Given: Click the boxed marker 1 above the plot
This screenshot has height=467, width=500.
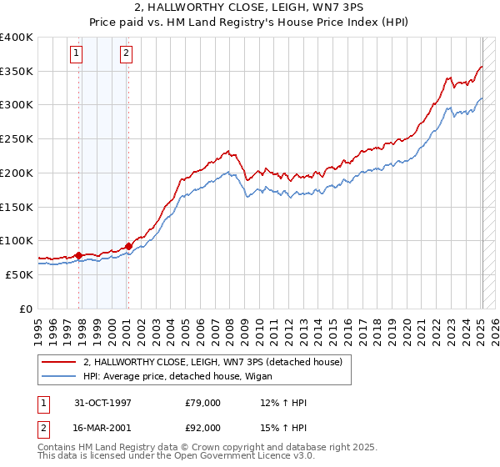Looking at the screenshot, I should (76, 54).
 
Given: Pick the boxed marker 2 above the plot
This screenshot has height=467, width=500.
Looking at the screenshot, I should (126, 54).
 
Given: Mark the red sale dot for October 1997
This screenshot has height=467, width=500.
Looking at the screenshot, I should (79, 255).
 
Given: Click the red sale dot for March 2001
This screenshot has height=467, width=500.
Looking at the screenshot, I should (128, 246).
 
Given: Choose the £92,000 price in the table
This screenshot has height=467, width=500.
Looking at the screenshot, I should (202, 427).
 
